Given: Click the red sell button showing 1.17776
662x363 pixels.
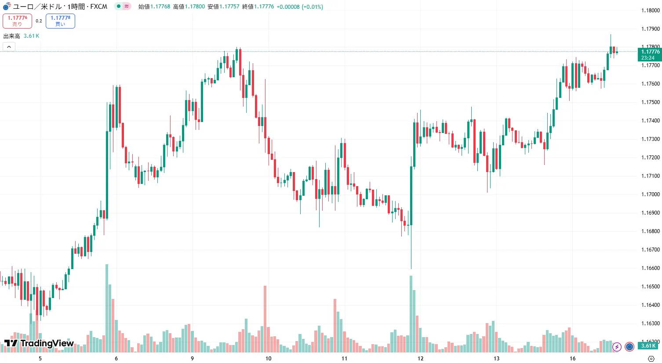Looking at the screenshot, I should coord(17,21).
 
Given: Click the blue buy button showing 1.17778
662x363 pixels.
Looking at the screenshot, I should coord(60,21).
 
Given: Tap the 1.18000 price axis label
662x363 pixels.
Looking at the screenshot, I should coord(650,11).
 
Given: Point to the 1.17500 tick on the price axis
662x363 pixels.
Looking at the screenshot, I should coord(650,102).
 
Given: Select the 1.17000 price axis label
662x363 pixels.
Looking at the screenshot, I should coord(650,194).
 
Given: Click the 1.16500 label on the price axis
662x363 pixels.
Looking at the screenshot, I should coord(650,287).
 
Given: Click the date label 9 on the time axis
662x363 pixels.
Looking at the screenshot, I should coord(192,358).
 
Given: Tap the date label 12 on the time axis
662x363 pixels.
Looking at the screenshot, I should coord(421,358).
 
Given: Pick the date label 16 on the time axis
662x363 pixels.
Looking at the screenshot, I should coord(572,358).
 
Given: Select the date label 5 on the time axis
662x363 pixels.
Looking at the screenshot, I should coord(40,358).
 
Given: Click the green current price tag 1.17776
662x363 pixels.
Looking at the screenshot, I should coord(650,54).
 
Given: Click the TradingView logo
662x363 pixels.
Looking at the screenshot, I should coord(39,343).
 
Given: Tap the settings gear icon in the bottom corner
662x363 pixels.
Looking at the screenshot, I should coord(651,358).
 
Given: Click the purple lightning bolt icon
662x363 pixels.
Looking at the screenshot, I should coord(617,347).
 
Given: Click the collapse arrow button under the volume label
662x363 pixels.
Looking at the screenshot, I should coord(9,47).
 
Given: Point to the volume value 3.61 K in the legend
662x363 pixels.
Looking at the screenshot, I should coord(31,36).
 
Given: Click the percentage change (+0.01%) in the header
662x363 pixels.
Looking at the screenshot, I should coord(312,7).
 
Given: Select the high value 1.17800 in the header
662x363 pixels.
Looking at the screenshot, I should coord(195,7).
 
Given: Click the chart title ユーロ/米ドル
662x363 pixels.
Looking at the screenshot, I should coord(37,7).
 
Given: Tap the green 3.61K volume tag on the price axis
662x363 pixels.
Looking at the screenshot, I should coord(648,346).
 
